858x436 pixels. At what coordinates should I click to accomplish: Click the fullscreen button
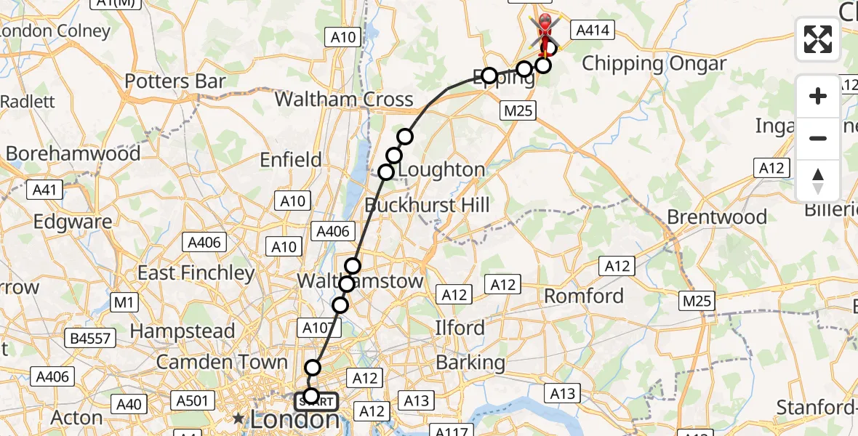(x=818, y=39)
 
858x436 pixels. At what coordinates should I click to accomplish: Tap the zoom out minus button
(x=818, y=138)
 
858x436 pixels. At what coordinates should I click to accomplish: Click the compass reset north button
(x=818, y=180)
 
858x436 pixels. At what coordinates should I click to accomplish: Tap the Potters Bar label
(x=175, y=81)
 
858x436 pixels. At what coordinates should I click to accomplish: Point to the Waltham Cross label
(x=344, y=100)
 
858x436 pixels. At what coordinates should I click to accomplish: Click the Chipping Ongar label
(x=654, y=64)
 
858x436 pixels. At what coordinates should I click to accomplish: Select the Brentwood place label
(x=717, y=217)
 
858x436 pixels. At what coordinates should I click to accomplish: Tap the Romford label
(x=584, y=296)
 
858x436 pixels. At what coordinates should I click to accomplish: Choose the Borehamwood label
(x=73, y=153)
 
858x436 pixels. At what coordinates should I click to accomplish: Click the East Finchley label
(x=196, y=273)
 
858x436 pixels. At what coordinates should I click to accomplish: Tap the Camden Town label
(x=222, y=361)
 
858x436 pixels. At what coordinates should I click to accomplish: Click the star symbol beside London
(x=238, y=419)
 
